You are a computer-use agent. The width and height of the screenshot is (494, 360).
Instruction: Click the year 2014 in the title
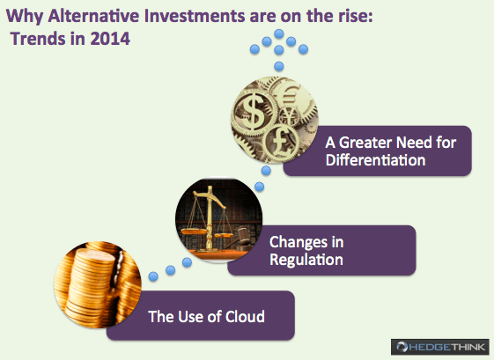[x=110, y=39]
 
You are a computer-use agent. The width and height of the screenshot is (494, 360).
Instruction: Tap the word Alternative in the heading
[x=93, y=16]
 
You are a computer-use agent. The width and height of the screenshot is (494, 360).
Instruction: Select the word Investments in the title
[x=195, y=16]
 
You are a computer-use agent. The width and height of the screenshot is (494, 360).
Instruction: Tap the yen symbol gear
[x=289, y=115]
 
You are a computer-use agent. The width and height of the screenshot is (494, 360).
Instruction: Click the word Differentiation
[x=375, y=160]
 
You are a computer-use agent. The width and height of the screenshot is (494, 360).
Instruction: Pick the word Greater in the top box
[x=365, y=143]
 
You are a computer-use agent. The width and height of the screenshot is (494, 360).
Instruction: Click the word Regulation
[x=306, y=260]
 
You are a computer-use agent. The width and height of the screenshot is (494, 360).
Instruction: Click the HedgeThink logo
[x=440, y=347]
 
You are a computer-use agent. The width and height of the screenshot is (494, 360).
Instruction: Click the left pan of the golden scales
[x=191, y=231]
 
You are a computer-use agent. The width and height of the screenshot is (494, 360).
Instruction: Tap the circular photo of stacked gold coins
[x=98, y=284]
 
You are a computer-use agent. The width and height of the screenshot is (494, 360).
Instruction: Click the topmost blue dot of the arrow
[x=279, y=33]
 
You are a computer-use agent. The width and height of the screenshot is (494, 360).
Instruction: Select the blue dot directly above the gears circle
[x=279, y=67]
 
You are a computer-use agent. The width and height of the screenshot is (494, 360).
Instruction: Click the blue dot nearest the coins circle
[x=153, y=276]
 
